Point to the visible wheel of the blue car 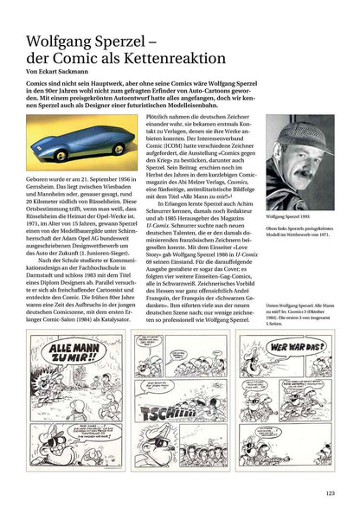point(117,149)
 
